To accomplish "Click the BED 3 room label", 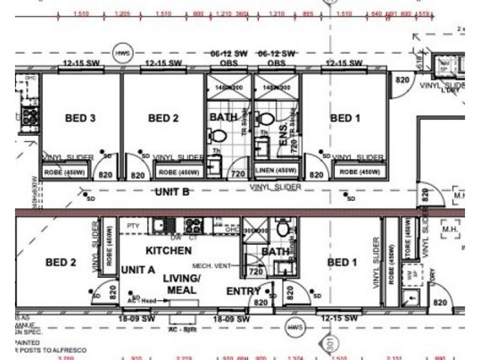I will pos(80,118).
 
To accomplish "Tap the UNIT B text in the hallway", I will pos(173,192).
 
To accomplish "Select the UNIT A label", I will pos(138,270).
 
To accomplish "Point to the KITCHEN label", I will pos(169,250).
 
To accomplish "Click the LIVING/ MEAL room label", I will pos(182,284).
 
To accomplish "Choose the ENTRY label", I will pos(243,292).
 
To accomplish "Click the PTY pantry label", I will pos(133,226).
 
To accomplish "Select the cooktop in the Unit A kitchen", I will pos(193,226).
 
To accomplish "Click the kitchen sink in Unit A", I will pos(161,226).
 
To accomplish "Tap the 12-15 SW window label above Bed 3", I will pos(80,63).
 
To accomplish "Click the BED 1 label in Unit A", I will pos(342,262).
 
